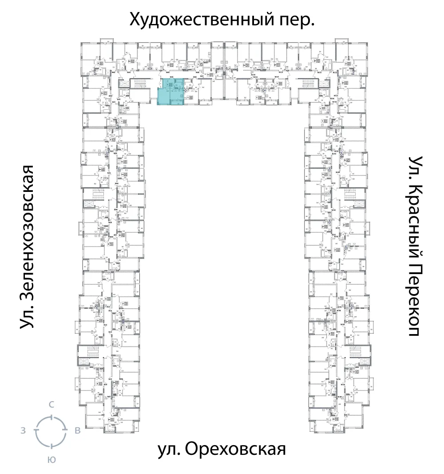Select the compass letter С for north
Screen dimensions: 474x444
(x=52, y=404)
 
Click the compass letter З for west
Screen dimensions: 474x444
(x=23, y=430)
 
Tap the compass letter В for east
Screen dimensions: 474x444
(x=77, y=430)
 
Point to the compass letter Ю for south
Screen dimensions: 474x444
(x=52, y=460)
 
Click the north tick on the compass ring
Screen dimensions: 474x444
(x=52, y=417)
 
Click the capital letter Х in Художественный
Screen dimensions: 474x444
(x=135, y=20)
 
